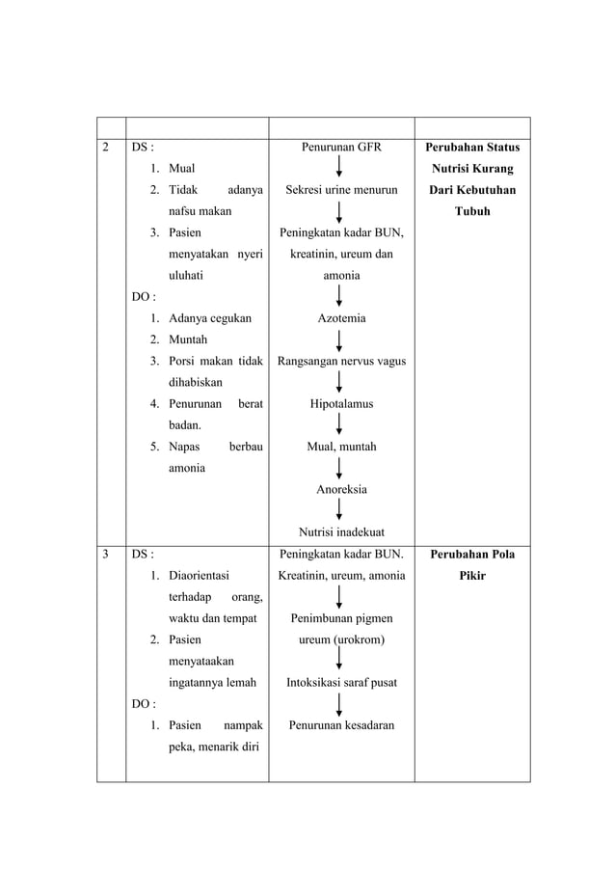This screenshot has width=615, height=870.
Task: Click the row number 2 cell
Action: [x=106, y=148]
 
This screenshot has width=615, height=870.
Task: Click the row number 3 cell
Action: [x=106, y=555]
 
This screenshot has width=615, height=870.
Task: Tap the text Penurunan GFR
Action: [x=341, y=148]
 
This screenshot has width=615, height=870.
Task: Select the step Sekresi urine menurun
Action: [x=341, y=191]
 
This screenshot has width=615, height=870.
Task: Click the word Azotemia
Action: [x=341, y=318]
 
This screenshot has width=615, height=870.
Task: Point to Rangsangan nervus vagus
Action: [x=341, y=362]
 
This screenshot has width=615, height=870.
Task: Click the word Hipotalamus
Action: [x=341, y=404]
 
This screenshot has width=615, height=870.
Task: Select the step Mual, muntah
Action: [x=341, y=447]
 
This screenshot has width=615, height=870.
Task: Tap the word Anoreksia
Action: [x=341, y=489]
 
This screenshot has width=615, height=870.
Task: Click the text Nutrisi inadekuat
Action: [x=341, y=531]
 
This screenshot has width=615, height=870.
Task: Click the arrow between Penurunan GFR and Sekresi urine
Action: [x=341, y=169]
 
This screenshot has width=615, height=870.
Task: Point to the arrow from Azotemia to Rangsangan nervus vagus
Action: [x=341, y=340]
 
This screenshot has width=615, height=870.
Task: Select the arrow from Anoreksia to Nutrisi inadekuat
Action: [x=341, y=510]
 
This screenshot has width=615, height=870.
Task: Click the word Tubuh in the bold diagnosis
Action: [x=472, y=212]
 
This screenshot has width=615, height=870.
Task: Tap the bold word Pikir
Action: [x=472, y=576]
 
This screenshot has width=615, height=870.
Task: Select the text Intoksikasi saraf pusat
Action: [x=341, y=682]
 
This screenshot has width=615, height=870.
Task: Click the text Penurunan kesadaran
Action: [x=341, y=724]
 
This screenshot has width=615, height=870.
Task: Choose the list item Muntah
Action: [x=188, y=340]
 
